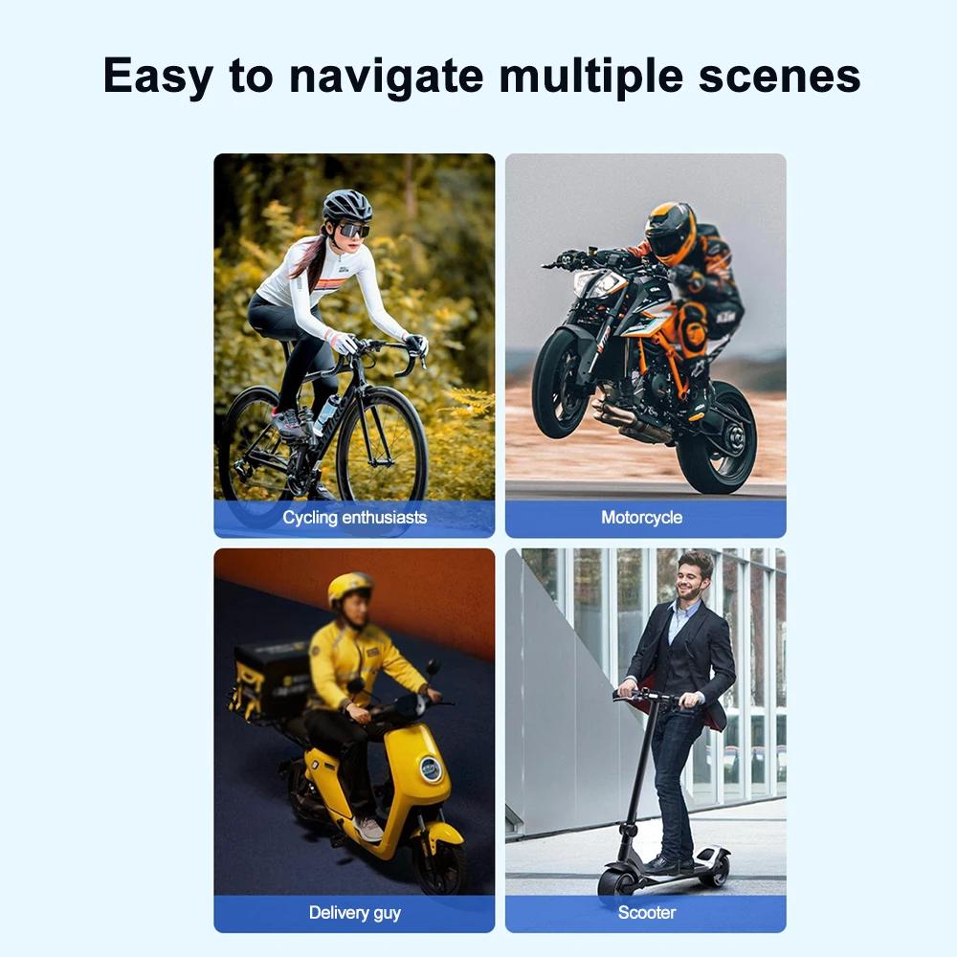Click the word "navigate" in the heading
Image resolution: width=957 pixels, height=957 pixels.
click(x=387, y=77)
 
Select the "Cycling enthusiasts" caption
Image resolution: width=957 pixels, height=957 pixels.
click(x=354, y=518)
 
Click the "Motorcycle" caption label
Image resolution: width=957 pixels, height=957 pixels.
click(x=641, y=518)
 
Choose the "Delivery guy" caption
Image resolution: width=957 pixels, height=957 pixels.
click(x=354, y=913)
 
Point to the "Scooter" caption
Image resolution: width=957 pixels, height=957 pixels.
click(x=647, y=913)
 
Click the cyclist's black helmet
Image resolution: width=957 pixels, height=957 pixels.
click(x=347, y=205)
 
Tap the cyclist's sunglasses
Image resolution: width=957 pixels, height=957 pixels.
click(x=353, y=230)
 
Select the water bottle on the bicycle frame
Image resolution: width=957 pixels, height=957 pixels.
click(x=325, y=413)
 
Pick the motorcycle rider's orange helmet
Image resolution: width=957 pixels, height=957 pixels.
click(x=670, y=232)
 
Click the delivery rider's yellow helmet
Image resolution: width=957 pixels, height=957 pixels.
click(x=350, y=588)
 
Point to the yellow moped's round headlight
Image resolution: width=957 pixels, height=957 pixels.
click(x=432, y=768)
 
